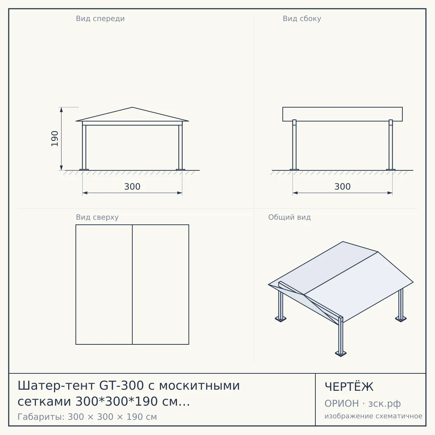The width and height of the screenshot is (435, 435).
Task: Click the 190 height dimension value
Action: coord(55,138)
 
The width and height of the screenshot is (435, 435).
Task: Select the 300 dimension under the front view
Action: coord(132,187)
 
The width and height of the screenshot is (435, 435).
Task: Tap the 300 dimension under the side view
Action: coord(343,187)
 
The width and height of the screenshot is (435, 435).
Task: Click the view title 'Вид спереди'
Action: coord(100,18)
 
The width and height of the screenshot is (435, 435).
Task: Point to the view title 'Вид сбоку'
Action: coord(302,18)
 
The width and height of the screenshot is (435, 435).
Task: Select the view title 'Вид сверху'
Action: coord(97,217)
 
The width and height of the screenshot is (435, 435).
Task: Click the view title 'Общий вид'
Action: coord(289,217)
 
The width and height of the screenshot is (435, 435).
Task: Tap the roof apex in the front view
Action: coord(132,107)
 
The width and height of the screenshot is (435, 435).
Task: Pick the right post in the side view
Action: coord(391,145)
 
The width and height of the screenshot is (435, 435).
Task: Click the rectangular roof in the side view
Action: coord(343,114)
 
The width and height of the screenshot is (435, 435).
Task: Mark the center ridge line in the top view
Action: coord(132,285)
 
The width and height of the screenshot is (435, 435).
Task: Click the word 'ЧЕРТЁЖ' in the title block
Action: coord(349,386)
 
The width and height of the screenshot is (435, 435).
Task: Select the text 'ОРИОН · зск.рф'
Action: coord(362,403)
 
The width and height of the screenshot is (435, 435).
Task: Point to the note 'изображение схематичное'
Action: coord(373,416)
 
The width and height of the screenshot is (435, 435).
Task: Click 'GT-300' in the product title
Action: coord(121,385)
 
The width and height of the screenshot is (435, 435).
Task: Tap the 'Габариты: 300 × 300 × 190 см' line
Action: coord(87,417)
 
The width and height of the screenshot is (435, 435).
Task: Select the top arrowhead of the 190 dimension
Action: coord(61,110)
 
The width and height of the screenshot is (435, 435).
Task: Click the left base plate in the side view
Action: coord(294,170)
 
